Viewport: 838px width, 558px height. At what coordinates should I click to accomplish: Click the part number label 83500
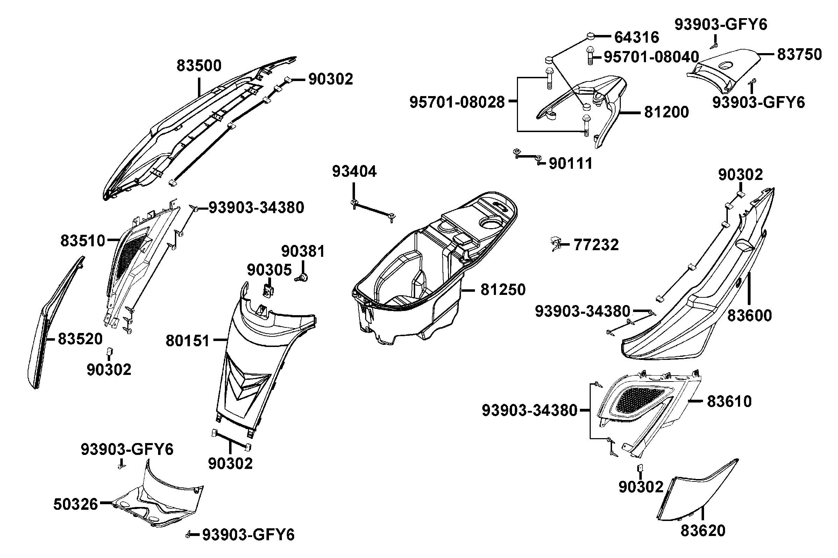click(x=199, y=66)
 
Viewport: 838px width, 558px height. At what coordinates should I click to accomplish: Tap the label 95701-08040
click(x=651, y=57)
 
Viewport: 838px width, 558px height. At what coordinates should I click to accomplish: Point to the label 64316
click(x=637, y=37)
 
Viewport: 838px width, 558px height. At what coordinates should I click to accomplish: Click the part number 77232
click(x=596, y=245)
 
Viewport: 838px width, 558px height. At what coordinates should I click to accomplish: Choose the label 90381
click(x=303, y=252)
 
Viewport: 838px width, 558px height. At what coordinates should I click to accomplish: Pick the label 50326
click(x=76, y=505)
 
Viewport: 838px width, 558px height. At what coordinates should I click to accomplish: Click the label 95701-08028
click(x=457, y=102)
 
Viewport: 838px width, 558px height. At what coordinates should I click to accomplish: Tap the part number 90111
click(x=570, y=164)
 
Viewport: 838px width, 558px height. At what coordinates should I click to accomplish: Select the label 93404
click(x=354, y=172)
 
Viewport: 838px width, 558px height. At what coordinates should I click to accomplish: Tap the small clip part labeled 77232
click(x=555, y=244)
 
